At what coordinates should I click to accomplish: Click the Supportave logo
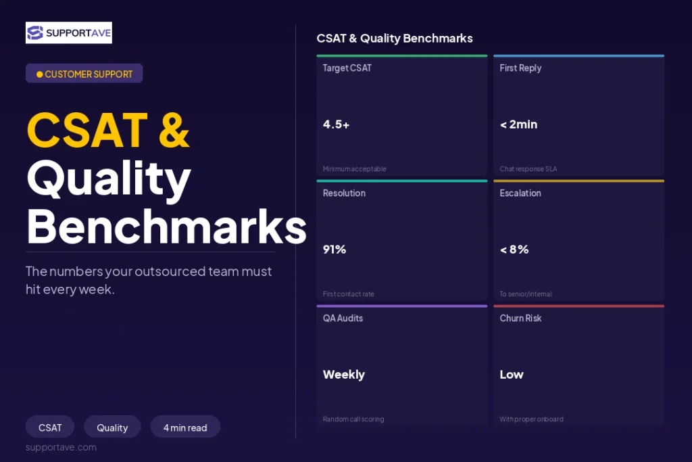click(x=69, y=32)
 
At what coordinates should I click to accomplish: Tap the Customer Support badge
click(x=84, y=73)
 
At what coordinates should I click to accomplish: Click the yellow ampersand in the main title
click(x=174, y=130)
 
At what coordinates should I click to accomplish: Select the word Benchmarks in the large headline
click(x=166, y=226)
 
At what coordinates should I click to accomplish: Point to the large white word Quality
click(x=109, y=179)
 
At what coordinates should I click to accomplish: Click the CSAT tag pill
click(x=50, y=427)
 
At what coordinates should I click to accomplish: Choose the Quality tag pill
click(x=112, y=427)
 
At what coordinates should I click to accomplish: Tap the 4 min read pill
click(x=185, y=427)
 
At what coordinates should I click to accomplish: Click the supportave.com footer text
click(x=61, y=447)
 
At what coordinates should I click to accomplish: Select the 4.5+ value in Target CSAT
click(x=336, y=124)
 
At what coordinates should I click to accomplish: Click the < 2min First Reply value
click(x=518, y=124)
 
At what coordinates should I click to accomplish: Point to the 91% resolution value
click(x=334, y=250)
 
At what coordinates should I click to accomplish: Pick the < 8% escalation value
click(x=514, y=250)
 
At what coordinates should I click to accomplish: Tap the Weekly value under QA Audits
click(x=344, y=375)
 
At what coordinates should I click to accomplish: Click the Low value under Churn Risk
click(x=512, y=375)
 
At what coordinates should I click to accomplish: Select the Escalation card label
click(x=520, y=193)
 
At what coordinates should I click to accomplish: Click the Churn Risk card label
click(x=520, y=318)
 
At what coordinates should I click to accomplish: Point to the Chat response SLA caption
click(x=528, y=168)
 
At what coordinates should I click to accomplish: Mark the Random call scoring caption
click(x=353, y=419)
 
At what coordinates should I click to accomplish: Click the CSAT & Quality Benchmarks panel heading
click(x=395, y=39)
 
